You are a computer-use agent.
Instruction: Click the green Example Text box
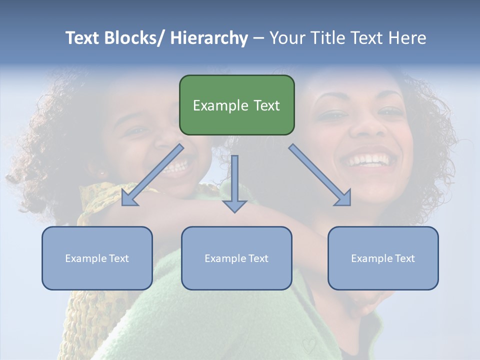point(236,105)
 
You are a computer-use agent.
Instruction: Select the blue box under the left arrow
point(97,258)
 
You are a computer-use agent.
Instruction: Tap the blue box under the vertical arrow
point(236,258)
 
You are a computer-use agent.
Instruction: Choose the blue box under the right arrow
point(383,258)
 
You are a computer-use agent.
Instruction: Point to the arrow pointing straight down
point(234,182)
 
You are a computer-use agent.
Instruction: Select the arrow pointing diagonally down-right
point(320,175)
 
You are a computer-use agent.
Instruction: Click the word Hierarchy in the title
point(208,38)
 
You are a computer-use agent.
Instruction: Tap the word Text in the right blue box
point(404,258)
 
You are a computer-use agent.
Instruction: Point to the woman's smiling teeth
point(370,160)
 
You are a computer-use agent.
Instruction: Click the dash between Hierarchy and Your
point(258,38)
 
